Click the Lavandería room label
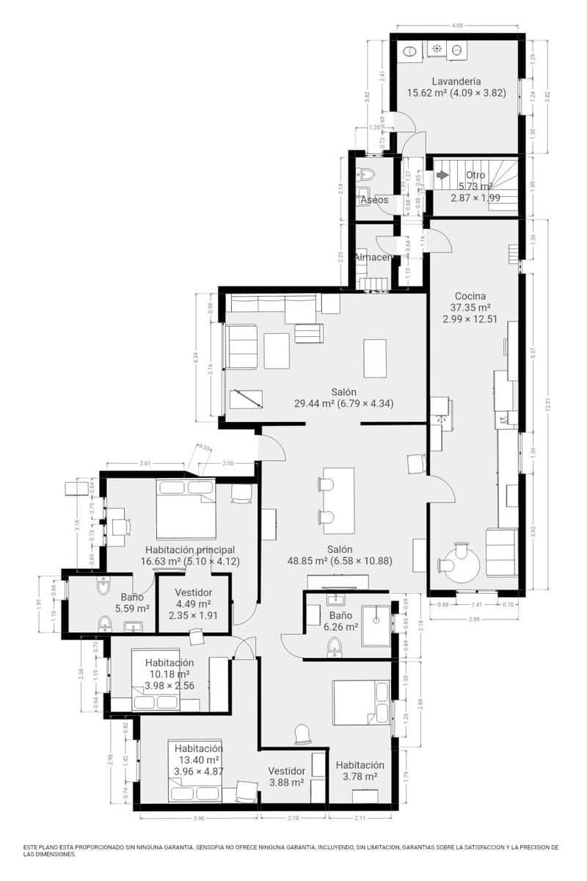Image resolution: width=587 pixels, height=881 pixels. [456, 81]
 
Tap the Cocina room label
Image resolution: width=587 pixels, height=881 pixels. [470, 296]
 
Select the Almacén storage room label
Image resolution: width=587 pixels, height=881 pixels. [372, 258]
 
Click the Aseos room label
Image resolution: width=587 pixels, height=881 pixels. [374, 200]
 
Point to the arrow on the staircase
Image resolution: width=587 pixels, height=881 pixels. [442, 175]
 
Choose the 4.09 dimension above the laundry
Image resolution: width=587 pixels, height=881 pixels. [457, 26]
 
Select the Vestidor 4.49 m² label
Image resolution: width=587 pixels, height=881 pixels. [194, 592]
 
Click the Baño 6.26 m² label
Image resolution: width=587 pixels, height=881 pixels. [340, 615]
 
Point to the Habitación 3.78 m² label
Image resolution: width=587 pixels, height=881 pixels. [360, 765]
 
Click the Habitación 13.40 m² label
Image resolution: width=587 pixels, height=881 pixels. [198, 749]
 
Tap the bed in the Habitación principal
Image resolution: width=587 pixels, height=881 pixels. [186, 508]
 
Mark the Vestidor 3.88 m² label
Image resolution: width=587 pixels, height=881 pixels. [286, 772]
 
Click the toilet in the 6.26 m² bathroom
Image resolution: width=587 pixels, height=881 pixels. [335, 646]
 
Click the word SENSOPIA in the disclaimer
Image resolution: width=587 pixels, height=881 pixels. [212, 847]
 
